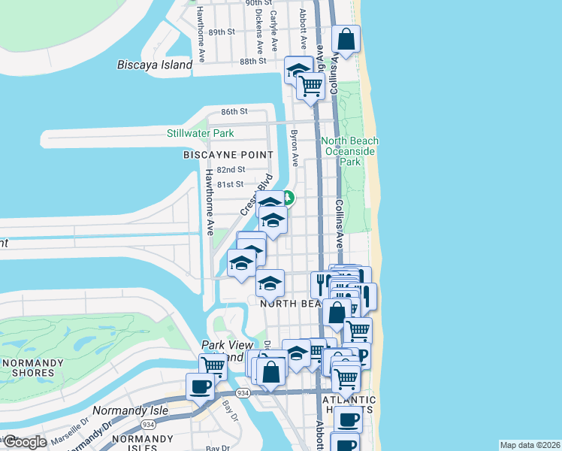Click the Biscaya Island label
point(155,65)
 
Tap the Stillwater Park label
point(200,133)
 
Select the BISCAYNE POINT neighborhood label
point(228,154)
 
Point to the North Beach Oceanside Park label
point(350,151)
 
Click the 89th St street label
point(222,32)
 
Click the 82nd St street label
point(231,169)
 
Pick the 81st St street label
point(230,184)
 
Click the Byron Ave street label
point(295,150)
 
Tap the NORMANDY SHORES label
point(32,367)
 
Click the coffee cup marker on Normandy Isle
point(200,386)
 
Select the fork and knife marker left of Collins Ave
point(321,283)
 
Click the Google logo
point(25,442)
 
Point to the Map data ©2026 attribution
point(530,444)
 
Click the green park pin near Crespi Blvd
point(288,199)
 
